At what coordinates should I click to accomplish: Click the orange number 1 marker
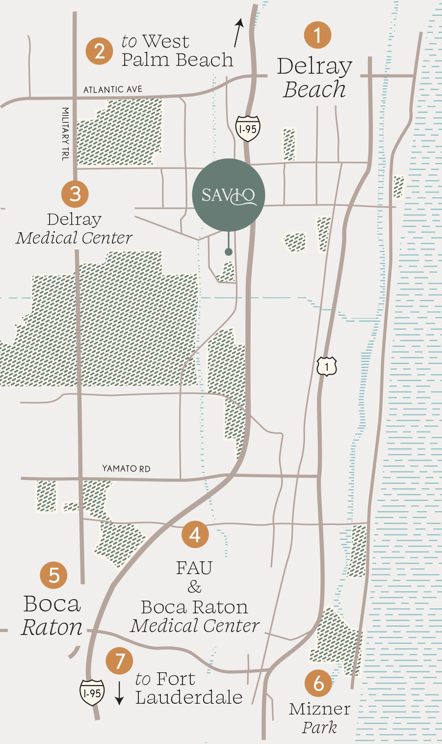pyautogui.click(x=317, y=35)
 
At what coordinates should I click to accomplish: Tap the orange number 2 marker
pyautogui.click(x=100, y=51)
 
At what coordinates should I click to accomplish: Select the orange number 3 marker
pyautogui.click(x=75, y=193)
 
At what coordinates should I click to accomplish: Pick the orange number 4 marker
pyautogui.click(x=195, y=534)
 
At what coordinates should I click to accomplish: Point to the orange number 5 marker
pyautogui.click(x=54, y=575)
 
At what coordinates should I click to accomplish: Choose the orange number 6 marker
pyautogui.click(x=318, y=683)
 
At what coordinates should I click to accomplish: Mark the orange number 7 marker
pyautogui.click(x=120, y=661)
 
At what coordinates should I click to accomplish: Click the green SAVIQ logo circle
pyautogui.click(x=229, y=195)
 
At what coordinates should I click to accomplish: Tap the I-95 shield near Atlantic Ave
pyautogui.click(x=248, y=129)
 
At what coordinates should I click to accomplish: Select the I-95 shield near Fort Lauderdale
pyautogui.click(x=92, y=692)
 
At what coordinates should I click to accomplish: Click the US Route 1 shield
pyautogui.click(x=327, y=366)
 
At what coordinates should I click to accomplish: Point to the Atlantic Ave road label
pyautogui.click(x=113, y=89)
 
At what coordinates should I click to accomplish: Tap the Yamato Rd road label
pyautogui.click(x=126, y=468)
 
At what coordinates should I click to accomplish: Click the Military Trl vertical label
pyautogui.click(x=65, y=134)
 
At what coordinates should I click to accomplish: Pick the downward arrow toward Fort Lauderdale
pyautogui.click(x=119, y=692)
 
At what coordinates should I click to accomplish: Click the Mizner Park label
pyautogui.click(x=319, y=717)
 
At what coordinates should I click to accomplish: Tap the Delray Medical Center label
pyautogui.click(x=74, y=228)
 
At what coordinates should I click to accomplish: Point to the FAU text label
pyautogui.click(x=194, y=568)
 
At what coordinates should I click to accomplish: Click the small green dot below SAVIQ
pyautogui.click(x=229, y=252)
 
